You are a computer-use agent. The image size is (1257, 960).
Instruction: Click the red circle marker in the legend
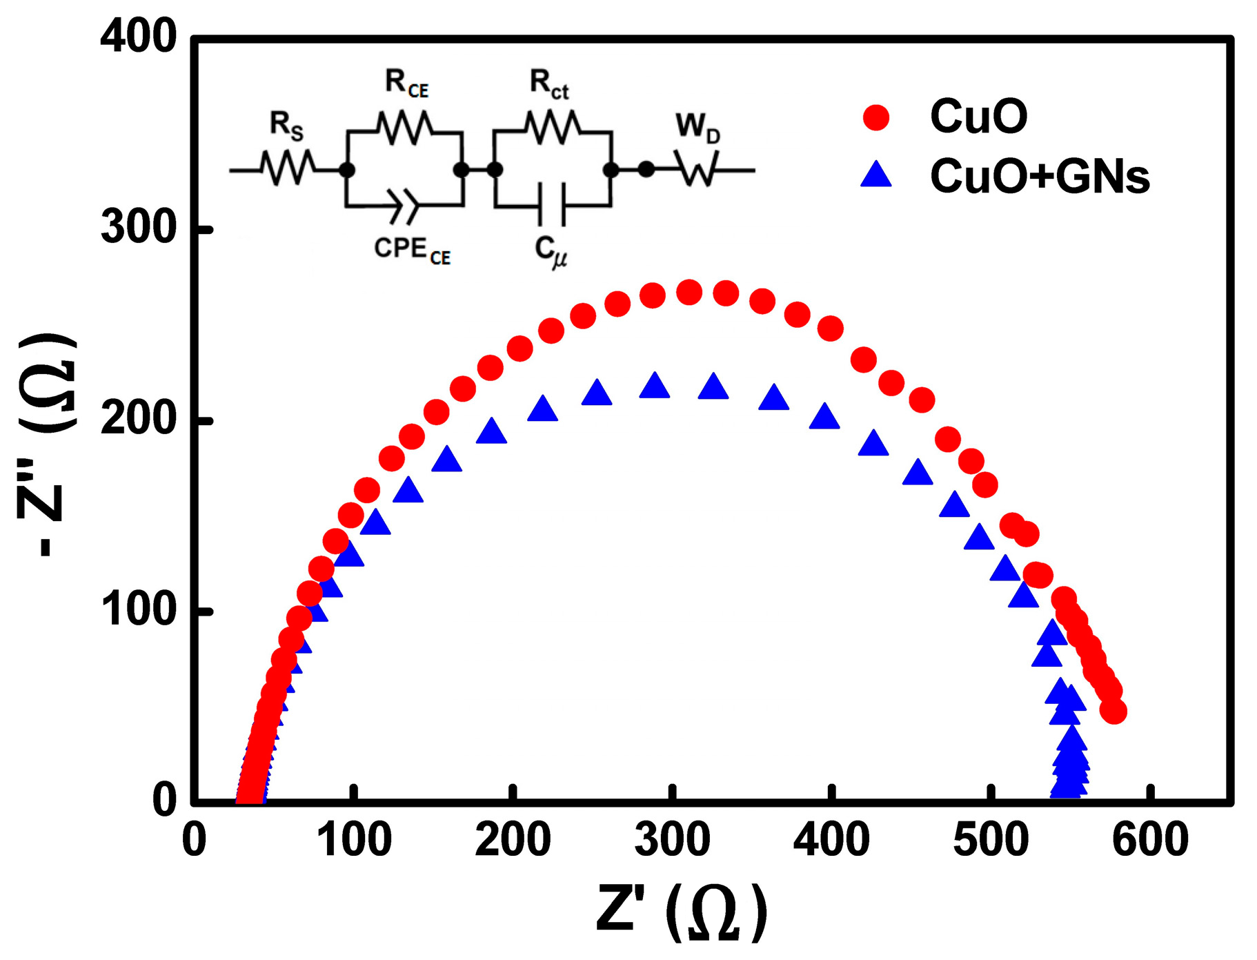pyautogui.click(x=876, y=117)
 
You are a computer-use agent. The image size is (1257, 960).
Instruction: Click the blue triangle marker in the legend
pyautogui.click(x=876, y=175)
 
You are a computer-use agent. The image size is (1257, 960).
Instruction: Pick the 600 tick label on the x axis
pyautogui.click(x=1149, y=841)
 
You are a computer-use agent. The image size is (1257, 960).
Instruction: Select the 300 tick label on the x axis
pyautogui.click(x=672, y=841)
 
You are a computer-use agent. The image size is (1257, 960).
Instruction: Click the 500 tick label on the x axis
pyautogui.click(x=991, y=841)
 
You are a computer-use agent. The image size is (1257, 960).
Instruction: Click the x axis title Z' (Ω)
pyautogui.click(x=682, y=912)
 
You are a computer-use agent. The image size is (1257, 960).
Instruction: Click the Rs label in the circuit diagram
pyautogui.click(x=286, y=126)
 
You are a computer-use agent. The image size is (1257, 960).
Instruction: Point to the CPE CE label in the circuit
pyautogui.click(x=412, y=251)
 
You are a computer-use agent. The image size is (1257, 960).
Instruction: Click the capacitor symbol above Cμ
pyautogui.click(x=552, y=205)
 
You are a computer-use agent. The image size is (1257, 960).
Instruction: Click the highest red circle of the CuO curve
pyautogui.click(x=689, y=293)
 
